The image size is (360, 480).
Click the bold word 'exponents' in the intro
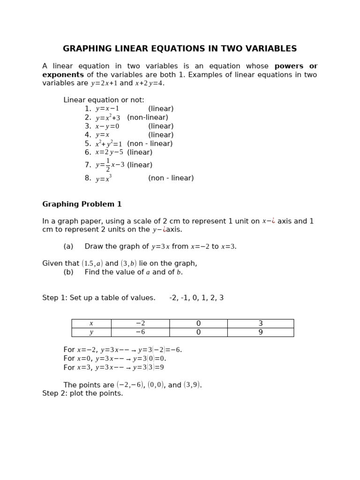pos(63,75)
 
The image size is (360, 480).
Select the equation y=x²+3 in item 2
pos(108,118)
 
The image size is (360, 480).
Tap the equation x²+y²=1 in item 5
pos(109,144)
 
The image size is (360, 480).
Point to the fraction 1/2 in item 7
pos(108,165)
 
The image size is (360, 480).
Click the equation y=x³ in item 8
pos(104,179)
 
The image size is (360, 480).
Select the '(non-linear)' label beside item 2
pos(147,118)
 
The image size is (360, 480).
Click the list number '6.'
pos(88,152)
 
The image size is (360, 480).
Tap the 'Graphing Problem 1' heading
pos(82,204)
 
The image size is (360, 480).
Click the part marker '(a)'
pos(68,247)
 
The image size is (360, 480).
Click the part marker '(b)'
pos(68,272)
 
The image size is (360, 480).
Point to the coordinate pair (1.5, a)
pos(92,263)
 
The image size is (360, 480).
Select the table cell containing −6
pos(140,332)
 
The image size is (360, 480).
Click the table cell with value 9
pos(261,332)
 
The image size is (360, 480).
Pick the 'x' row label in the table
pos(91,323)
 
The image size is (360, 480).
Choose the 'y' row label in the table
pos(91,332)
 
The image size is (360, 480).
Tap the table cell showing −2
pos(140,323)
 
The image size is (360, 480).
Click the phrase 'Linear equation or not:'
pos(104,100)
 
